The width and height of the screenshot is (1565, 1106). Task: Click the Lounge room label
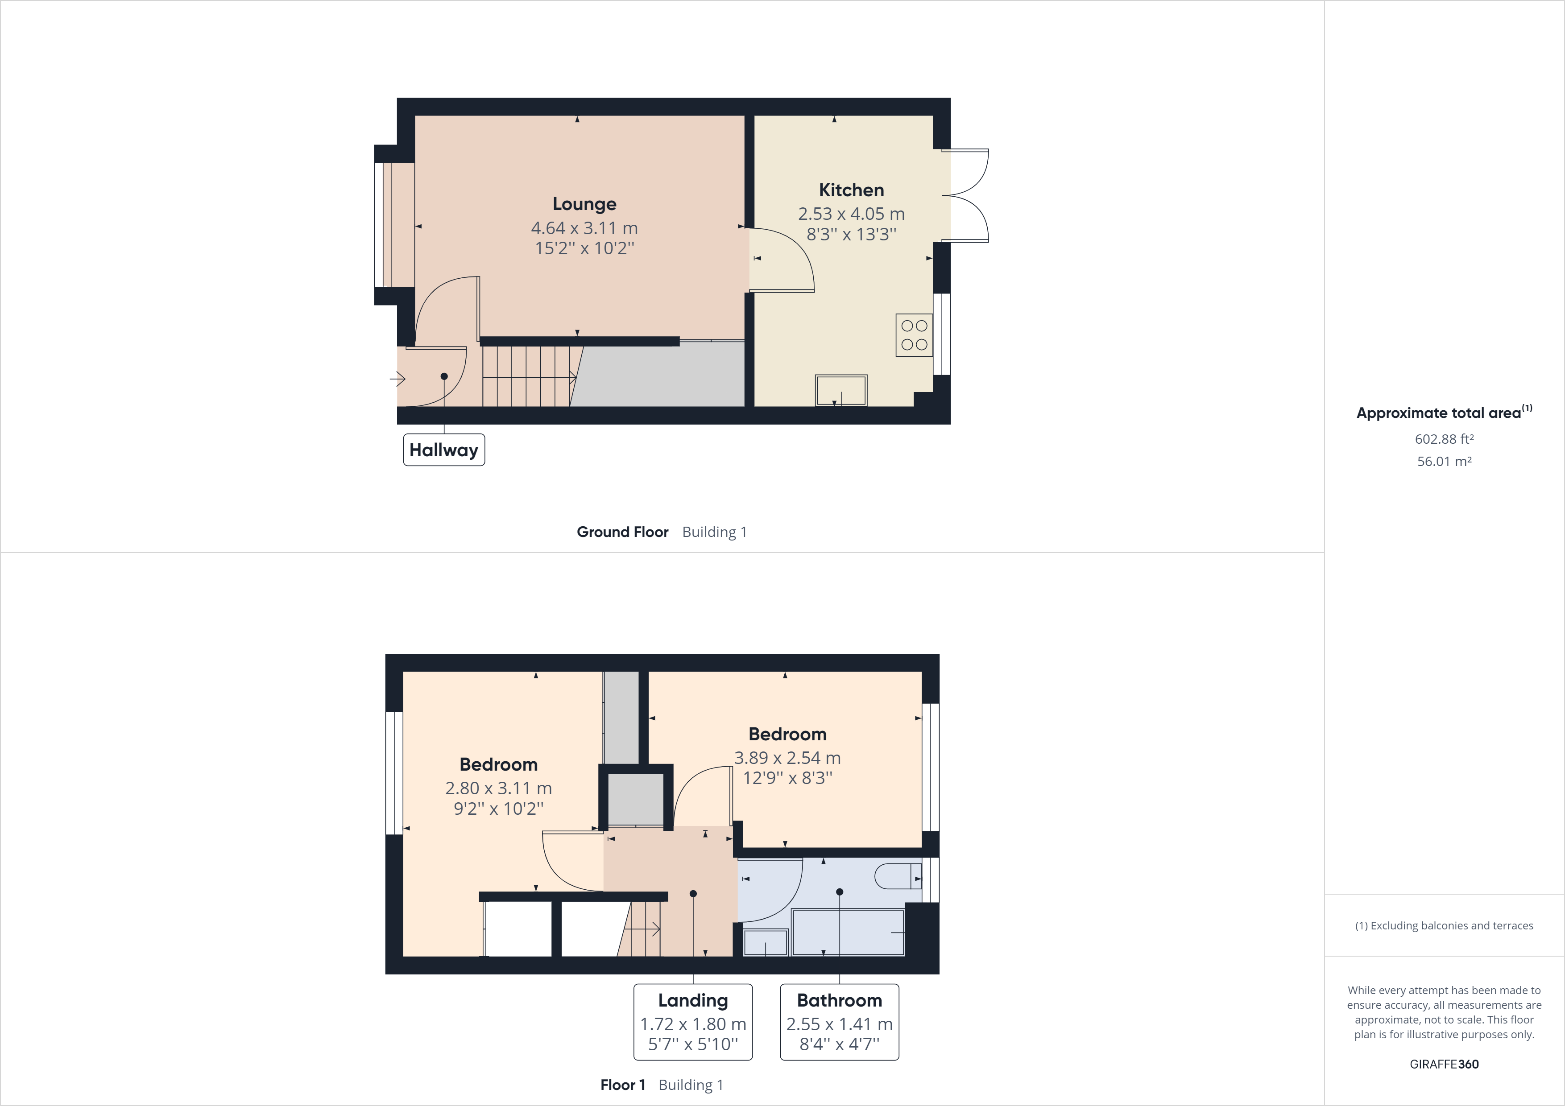pyautogui.click(x=584, y=204)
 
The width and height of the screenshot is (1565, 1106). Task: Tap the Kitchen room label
pyautogui.click(x=851, y=190)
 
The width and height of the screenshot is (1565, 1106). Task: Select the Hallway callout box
pyautogui.click(x=444, y=450)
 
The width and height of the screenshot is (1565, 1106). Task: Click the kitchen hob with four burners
pyautogui.click(x=914, y=335)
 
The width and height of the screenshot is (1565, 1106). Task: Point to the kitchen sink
pyautogui.click(x=841, y=391)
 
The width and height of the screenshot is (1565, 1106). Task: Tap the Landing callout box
pyautogui.click(x=693, y=1022)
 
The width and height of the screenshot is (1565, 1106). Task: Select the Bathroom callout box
pyautogui.click(x=839, y=1022)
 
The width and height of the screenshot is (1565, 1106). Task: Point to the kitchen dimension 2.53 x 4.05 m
pyautogui.click(x=851, y=214)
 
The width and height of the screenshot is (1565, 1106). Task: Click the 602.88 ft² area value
pyautogui.click(x=1445, y=439)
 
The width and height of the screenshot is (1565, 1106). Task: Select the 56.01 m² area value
pyautogui.click(x=1445, y=461)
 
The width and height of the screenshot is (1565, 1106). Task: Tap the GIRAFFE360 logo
pyautogui.click(x=1445, y=1064)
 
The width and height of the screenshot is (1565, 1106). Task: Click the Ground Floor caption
pyautogui.click(x=622, y=532)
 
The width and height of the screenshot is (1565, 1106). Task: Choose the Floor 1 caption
pyautogui.click(x=622, y=1085)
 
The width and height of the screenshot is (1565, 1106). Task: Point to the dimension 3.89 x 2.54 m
pyautogui.click(x=787, y=758)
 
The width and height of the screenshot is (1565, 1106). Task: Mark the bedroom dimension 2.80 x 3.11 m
pyautogui.click(x=498, y=788)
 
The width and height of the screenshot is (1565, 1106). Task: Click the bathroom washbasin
pyautogui.click(x=766, y=942)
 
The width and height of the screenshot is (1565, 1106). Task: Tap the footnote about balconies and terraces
pyautogui.click(x=1444, y=925)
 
